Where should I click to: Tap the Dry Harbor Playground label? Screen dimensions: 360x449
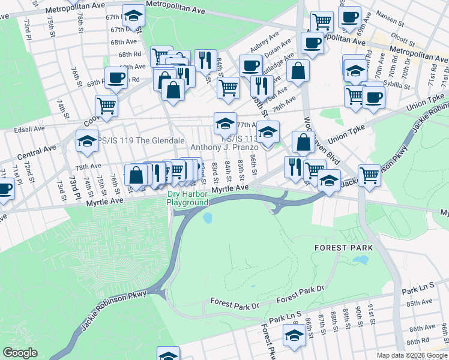[x=187, y=199]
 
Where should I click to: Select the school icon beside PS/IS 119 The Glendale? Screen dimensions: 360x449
[x=87, y=142]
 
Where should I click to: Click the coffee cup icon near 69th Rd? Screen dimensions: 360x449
[x=116, y=77]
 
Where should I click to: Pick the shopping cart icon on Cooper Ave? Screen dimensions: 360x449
[x=106, y=106]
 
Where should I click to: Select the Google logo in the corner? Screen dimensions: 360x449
[x=20, y=353]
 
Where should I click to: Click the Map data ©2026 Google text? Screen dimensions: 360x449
[x=412, y=355]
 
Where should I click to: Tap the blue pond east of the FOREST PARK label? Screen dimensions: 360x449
[x=360, y=260]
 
